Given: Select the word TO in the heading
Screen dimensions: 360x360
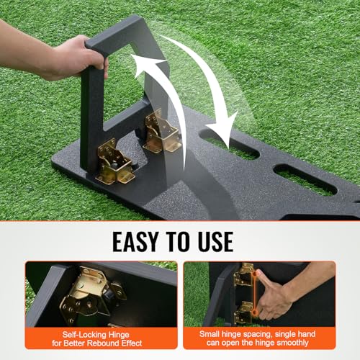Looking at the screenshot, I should click(x=176, y=239).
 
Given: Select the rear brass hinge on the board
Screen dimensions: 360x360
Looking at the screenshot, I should click(x=161, y=131).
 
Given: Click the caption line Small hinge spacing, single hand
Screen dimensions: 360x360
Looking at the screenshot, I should click(x=259, y=334).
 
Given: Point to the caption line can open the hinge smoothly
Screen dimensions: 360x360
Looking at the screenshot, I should click(x=259, y=344).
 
